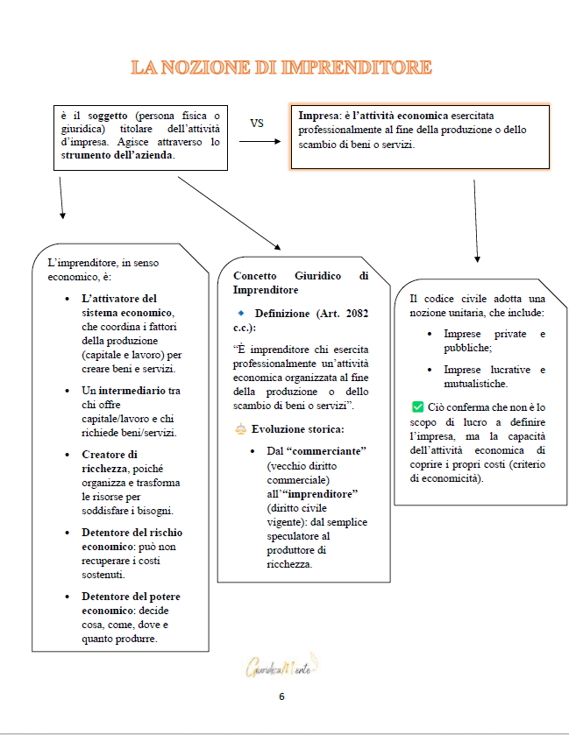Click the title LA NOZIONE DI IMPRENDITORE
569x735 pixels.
[281, 67]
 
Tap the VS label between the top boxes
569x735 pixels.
[257, 124]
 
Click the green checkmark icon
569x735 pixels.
[416, 406]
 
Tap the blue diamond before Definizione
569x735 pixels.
[240, 313]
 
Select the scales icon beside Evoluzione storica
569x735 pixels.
[240, 429]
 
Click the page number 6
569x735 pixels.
[281, 697]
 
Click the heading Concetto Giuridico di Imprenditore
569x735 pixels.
[301, 282]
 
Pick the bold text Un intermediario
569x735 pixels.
[131, 390]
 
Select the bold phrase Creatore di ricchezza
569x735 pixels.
[110, 461]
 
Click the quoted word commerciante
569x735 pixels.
[324, 449]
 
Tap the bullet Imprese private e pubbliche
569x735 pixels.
[494, 341]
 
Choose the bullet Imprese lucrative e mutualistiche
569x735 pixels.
[494, 377]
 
